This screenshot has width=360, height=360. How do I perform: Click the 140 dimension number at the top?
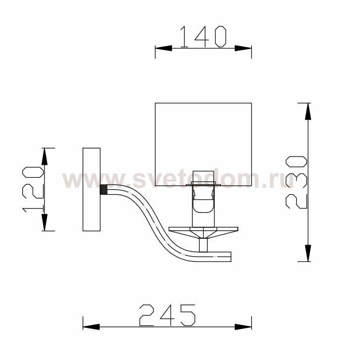pos(203,37)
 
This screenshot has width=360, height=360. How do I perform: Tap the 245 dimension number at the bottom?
pos(167,315)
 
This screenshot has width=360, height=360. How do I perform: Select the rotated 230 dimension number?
pos(296,182)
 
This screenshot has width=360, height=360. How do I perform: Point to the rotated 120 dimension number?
pos(33,190)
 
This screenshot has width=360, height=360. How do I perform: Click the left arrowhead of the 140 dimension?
pos(164,48)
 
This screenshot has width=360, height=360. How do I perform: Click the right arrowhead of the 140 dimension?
pos(243,48)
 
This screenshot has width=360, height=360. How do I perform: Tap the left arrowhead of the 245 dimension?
pos(91,327)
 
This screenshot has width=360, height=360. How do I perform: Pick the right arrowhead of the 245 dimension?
pos(243,327)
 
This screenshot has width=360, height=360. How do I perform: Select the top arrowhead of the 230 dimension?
pos(308,111)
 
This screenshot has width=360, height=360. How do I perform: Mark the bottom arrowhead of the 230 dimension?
pos(308,253)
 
